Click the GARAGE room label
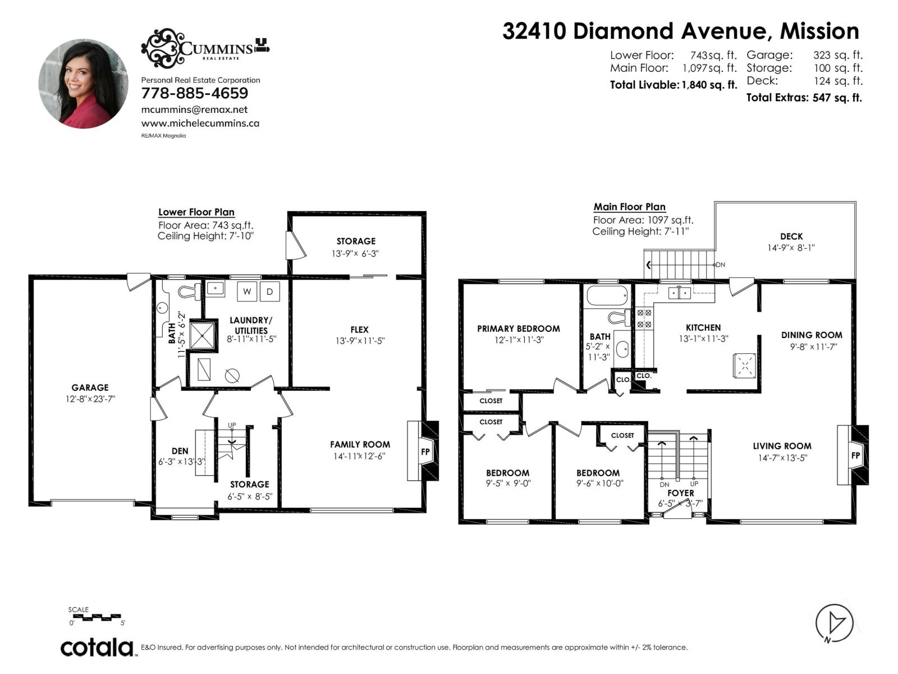pyautogui.click(x=90, y=388)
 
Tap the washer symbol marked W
pyautogui.click(x=247, y=292)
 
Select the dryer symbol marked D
pyautogui.click(x=270, y=292)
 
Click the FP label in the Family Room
pyautogui.click(x=425, y=452)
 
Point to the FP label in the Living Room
pyautogui.click(x=855, y=456)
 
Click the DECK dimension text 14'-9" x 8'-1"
pyautogui.click(x=791, y=248)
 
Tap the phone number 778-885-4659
pyautogui.click(x=194, y=93)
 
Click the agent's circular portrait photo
pyautogui.click(x=83, y=84)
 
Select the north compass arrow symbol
pyautogui.click(x=835, y=623)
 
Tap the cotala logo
pyautogui.click(x=97, y=648)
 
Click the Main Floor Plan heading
pyautogui.click(x=629, y=207)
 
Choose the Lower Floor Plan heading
pyautogui.click(x=196, y=212)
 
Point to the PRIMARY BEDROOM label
pyautogui.click(x=518, y=329)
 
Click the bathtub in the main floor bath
pyautogui.click(x=607, y=295)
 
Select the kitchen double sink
pyautogui.click(x=679, y=293)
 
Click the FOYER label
pyautogui.click(x=680, y=493)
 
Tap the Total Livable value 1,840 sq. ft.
pyautogui.click(x=709, y=85)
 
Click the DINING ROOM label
pyautogui.click(x=812, y=335)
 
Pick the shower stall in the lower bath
pyautogui.click(x=203, y=335)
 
